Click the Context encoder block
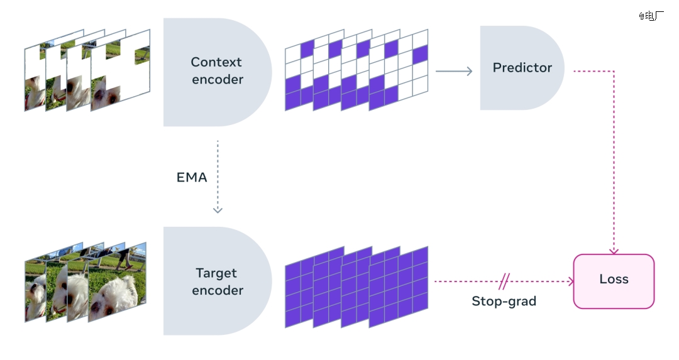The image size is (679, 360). coord(216,72)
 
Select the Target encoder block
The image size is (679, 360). coord(216,281)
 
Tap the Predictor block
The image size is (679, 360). coord(522,67)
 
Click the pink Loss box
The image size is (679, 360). coord(614,281)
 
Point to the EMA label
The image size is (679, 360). coord(192,177)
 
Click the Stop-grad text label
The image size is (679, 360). coord(504,301)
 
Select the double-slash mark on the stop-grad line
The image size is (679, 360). coord(504,281)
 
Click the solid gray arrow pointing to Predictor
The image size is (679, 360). coord(454,71)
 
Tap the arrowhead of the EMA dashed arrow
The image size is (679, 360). coord(218,210)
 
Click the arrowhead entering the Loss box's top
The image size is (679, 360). coord(614,251)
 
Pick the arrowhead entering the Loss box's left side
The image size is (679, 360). coord(571,281)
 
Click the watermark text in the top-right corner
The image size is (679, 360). coord(651,16)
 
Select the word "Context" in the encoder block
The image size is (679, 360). coord(216,62)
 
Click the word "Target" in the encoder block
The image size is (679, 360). coord(216,273)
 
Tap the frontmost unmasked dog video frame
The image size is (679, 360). coord(118,281)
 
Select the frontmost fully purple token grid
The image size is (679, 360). coord(399,286)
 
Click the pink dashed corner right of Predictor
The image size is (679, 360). coord(614,71)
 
